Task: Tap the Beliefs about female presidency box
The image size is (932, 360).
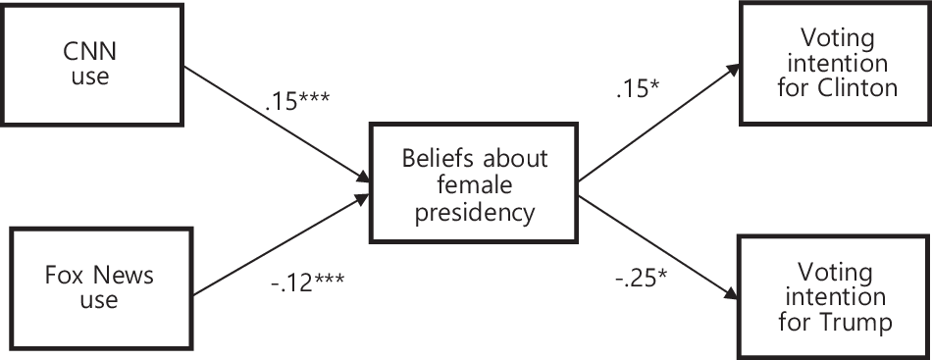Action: click(x=474, y=182)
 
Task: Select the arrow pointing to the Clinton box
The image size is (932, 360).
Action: click(x=656, y=124)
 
